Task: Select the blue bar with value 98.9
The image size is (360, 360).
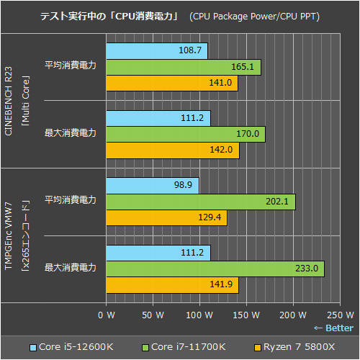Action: click(152, 186)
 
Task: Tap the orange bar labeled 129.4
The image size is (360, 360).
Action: click(166, 218)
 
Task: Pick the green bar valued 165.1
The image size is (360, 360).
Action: click(183, 67)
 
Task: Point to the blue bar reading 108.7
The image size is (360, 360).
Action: click(156, 50)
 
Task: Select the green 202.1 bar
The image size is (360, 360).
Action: click(200, 202)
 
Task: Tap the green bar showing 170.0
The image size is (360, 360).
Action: click(185, 134)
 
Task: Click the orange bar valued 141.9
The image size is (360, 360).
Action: click(172, 285)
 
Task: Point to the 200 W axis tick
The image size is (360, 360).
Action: click(292, 315)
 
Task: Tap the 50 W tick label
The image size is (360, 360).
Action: click(153, 315)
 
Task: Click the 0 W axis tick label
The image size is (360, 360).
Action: click(106, 315)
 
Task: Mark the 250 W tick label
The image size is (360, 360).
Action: click(339, 315)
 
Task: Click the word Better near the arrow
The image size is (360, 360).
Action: click(339, 328)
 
